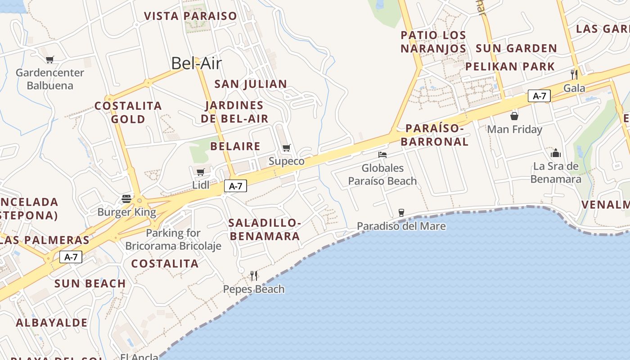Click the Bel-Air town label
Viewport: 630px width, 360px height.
[197, 63]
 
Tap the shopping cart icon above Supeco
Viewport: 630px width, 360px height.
[286, 148]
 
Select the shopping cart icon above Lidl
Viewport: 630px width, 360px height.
[201, 171]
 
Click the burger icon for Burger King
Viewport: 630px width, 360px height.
[126, 199]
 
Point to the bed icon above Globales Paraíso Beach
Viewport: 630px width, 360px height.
[382, 155]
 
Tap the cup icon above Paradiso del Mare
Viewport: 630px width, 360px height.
[401, 212]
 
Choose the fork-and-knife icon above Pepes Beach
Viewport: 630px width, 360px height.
[254, 275]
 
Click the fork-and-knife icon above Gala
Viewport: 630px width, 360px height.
[574, 74]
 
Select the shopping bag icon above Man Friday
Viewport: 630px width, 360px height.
[514, 116]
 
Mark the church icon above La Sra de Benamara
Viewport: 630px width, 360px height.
[556, 153]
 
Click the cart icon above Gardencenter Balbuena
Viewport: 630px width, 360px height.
[50, 59]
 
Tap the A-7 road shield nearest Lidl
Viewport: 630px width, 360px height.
[236, 186]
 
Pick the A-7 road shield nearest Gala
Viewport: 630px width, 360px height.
[539, 96]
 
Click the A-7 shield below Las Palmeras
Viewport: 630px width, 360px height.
[71, 257]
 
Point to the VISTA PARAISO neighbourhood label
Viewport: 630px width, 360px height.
[190, 16]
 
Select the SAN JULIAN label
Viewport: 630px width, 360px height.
[251, 84]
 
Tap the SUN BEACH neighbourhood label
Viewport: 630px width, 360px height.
[90, 283]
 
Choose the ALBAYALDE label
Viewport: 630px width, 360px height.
[52, 323]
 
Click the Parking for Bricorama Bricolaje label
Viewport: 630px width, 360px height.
[173, 239]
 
